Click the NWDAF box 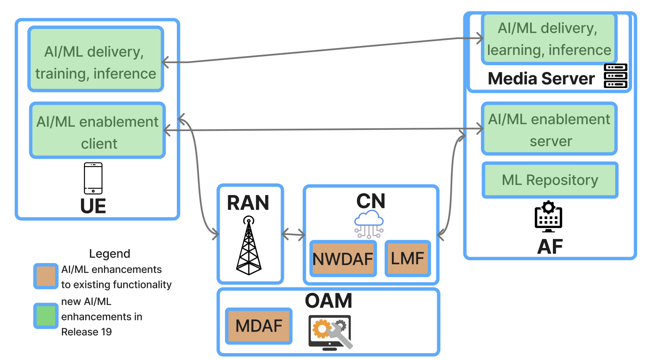coord(343,259)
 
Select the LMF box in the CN coord(407,258)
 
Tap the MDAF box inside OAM coord(259,326)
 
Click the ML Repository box coord(550,180)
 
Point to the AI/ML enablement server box coord(549,129)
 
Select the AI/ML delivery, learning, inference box coord(549,39)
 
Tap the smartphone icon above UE coord(93,178)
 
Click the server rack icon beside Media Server coord(616,76)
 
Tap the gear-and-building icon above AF coord(548,217)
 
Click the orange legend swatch coord(46,276)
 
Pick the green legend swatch coord(46,316)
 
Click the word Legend coord(110,254)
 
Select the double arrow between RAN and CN coord(293,234)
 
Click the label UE coord(93,206)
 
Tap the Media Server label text coord(541,79)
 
